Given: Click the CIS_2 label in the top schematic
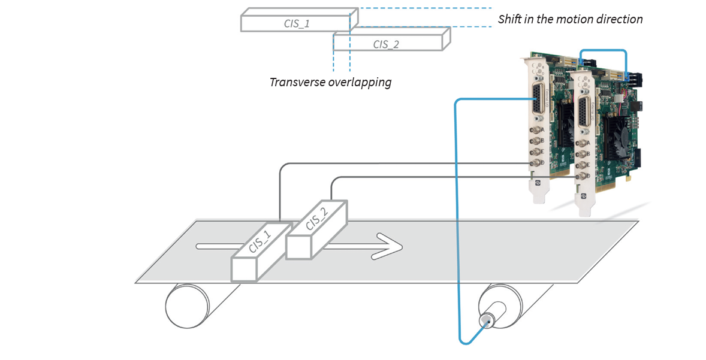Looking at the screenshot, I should (x=385, y=44).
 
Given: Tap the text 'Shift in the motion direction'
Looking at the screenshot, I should (x=570, y=19).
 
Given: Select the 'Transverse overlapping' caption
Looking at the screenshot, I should (x=330, y=82).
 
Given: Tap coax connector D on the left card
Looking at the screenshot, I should (x=532, y=163).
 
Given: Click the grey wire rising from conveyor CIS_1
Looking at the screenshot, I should (x=280, y=192).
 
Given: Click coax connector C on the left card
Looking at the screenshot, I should (x=532, y=152).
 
